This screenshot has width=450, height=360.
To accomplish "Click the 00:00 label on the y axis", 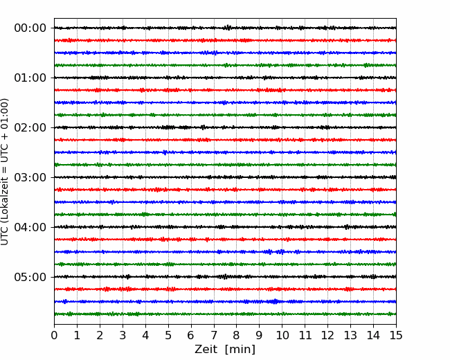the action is click(30, 28).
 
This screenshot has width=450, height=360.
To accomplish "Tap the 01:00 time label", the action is click(30, 78).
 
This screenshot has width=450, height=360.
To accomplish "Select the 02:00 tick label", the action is click(30, 127).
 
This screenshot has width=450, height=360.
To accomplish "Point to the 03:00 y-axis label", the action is click(30, 177).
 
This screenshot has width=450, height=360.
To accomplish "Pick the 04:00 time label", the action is click(30, 227).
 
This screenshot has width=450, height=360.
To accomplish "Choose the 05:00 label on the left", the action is click(30, 277).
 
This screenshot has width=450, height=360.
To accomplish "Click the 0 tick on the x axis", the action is click(54, 335).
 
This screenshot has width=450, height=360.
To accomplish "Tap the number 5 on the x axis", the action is click(168, 335).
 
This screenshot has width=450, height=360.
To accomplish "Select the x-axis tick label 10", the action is click(282, 335).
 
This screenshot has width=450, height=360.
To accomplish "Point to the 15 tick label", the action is click(396, 335).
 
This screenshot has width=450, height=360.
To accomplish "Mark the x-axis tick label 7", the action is click(214, 335).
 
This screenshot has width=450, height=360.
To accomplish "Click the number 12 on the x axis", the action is click(327, 335).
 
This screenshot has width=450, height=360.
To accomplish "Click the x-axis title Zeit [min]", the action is click(225, 350).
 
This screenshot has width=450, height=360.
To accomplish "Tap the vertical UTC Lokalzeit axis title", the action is click(5, 172).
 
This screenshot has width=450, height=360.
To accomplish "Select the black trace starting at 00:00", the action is click(225, 28).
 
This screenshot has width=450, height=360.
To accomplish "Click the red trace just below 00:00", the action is click(225, 40).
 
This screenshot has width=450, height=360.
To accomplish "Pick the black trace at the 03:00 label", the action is click(225, 177).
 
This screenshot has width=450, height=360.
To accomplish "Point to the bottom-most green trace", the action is click(225, 314).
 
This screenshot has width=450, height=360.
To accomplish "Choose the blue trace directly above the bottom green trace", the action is click(225, 302).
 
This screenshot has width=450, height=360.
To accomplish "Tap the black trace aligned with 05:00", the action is click(225, 277).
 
